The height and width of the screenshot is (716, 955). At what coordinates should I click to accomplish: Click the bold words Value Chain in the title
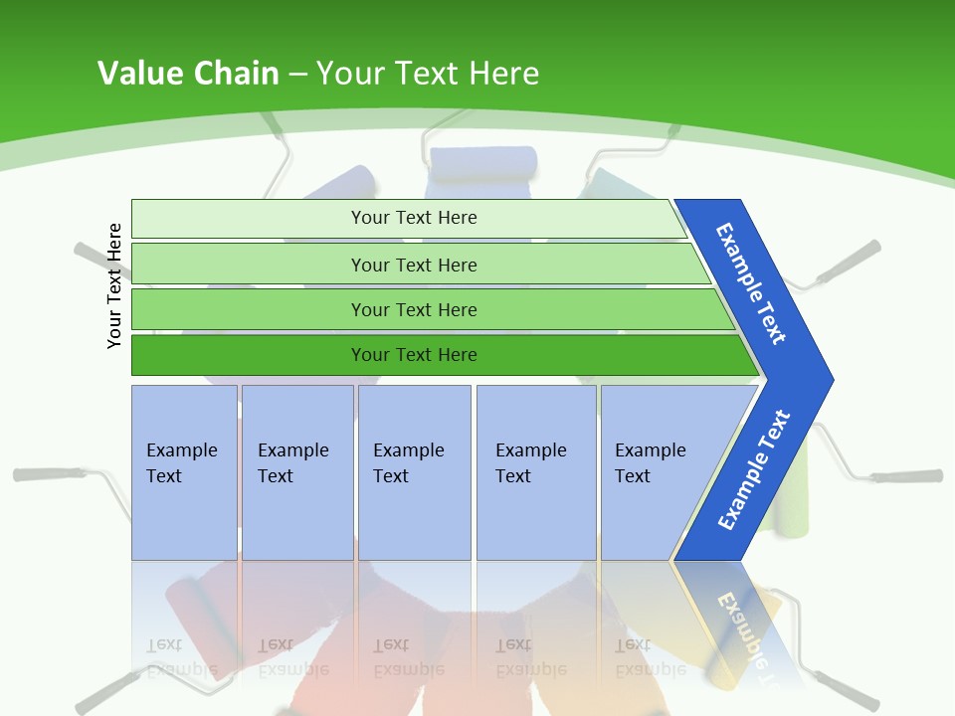tap(188, 73)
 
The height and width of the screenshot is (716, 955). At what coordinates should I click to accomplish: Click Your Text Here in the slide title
tap(428, 73)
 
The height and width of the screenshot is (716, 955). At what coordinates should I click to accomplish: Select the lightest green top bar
tap(414, 218)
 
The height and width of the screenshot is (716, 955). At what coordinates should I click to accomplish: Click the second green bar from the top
tap(414, 265)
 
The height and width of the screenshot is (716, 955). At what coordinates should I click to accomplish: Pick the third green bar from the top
tap(414, 309)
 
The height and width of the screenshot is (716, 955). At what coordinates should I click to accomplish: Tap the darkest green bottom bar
tap(414, 355)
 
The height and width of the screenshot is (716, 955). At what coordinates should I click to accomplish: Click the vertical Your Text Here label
tap(114, 285)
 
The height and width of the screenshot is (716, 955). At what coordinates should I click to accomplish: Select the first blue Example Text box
tap(183, 471)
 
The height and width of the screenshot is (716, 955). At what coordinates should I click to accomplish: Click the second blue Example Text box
tap(296, 471)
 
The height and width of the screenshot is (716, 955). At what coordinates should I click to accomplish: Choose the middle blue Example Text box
tap(413, 471)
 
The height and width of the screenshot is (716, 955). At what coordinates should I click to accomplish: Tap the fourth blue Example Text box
tap(535, 471)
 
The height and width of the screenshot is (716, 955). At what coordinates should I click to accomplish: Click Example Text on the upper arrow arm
tap(750, 283)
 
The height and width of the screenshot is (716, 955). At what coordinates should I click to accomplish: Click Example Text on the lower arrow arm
tap(753, 469)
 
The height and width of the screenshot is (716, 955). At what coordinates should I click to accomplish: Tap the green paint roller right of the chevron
tap(795, 497)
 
